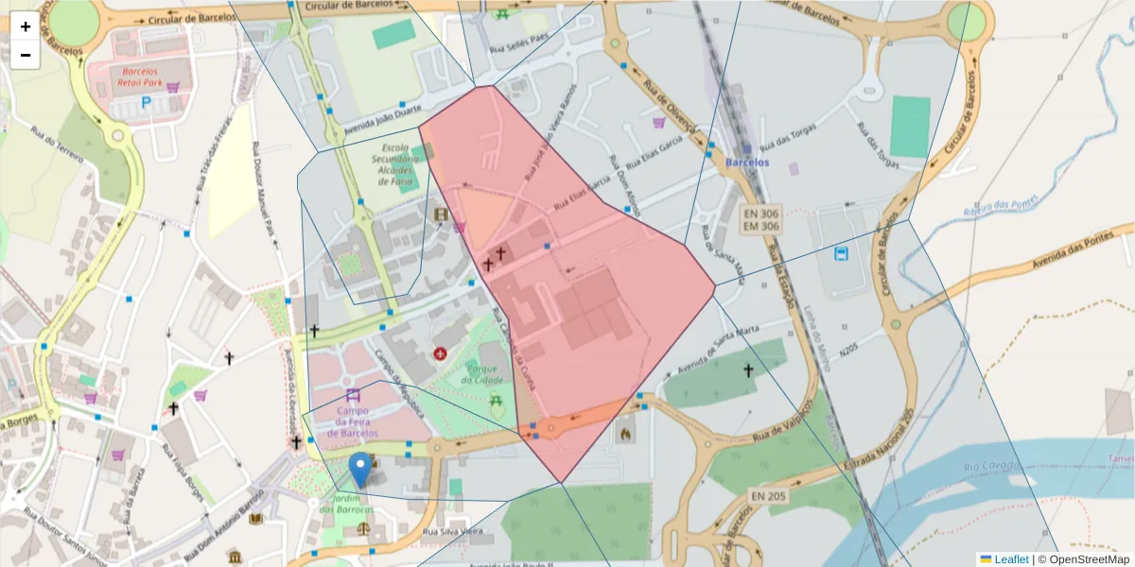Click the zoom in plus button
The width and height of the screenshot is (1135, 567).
tap(26, 26)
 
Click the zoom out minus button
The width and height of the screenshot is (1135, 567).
tap(26, 55)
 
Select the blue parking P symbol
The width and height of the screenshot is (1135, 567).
tap(146, 101)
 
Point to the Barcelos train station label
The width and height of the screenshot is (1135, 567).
tap(746, 162)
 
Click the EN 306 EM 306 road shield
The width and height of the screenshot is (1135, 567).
tap(761, 221)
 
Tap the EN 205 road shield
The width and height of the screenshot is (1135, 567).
tap(769, 495)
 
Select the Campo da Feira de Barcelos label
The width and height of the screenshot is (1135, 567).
tap(352, 421)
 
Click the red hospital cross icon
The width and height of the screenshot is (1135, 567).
tap(440, 353)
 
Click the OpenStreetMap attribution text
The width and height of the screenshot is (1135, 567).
tap(1083, 558)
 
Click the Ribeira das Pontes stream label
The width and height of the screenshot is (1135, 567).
tap(1001, 206)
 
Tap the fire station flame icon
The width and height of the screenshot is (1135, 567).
tap(624, 433)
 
